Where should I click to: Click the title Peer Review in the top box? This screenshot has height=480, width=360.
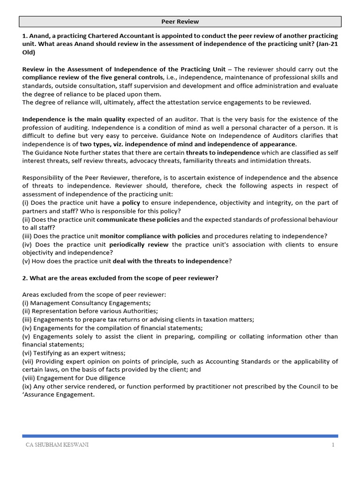click(x=180, y=22)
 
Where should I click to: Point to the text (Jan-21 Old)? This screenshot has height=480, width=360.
click(x=323, y=45)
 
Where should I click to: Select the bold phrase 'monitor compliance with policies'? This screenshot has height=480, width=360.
click(x=150, y=236)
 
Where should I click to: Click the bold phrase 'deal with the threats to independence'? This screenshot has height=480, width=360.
click(x=170, y=261)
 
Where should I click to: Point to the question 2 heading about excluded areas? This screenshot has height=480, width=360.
click(x=120, y=278)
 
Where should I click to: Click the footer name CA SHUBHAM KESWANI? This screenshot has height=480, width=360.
click(x=57, y=445)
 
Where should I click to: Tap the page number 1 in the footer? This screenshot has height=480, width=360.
click(x=333, y=445)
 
